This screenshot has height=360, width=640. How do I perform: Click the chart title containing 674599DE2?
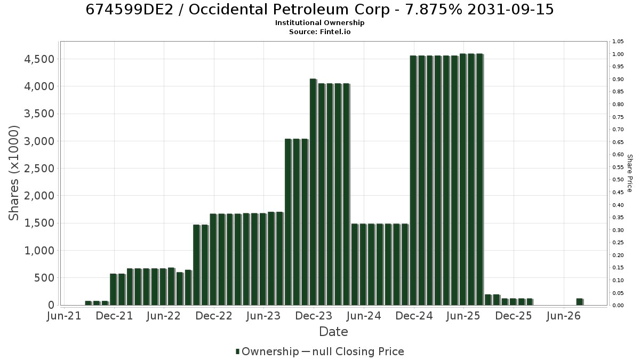pyautogui.click(x=319, y=10)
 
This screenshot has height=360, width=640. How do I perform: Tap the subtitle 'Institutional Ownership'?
pyautogui.click(x=319, y=23)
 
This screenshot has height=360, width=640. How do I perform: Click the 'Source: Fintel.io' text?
pyautogui.click(x=319, y=31)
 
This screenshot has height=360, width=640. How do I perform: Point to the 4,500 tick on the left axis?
pyautogui.click(x=39, y=59)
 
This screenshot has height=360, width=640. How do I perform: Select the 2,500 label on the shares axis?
pyautogui.click(x=39, y=169)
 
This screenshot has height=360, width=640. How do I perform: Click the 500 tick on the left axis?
pyautogui.click(x=44, y=278)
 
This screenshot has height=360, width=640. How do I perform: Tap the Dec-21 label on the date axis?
pyautogui.click(x=114, y=316)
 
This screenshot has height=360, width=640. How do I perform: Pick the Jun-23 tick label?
pyautogui.click(x=263, y=316)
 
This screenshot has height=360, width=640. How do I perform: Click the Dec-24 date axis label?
pyautogui.click(x=414, y=316)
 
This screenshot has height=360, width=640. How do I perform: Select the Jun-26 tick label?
pyautogui.click(x=563, y=316)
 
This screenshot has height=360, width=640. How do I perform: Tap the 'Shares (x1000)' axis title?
pyautogui.click(x=14, y=173)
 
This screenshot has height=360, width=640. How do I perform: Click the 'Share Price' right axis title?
pyautogui.click(x=630, y=173)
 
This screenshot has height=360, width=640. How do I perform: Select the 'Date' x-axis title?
pyautogui.click(x=333, y=332)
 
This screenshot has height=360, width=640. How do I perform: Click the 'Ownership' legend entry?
pyautogui.click(x=267, y=351)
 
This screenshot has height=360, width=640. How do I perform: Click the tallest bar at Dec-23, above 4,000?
pyautogui.click(x=313, y=191)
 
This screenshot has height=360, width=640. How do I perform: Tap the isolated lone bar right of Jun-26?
pyautogui.click(x=579, y=302)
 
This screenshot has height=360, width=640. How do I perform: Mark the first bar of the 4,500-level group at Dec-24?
pyautogui.click(x=413, y=180)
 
